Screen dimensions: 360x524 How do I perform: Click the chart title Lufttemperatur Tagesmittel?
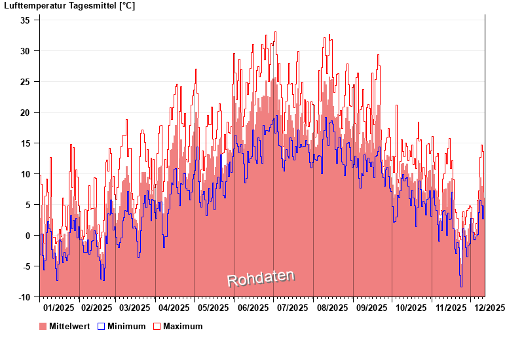point(69,6)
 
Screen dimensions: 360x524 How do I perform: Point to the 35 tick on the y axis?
point(25,20)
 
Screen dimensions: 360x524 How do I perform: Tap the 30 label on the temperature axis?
point(25,50)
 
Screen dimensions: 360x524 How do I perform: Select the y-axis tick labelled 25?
point(25,81)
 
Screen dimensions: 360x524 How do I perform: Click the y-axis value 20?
point(25,112)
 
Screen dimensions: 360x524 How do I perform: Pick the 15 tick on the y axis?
point(25,143)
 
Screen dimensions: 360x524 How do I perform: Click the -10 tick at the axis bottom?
point(24,297)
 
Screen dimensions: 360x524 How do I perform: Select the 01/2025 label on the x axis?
point(59,308)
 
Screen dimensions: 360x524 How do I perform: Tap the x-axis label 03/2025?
point(136,308)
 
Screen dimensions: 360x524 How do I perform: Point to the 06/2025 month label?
point(253,308)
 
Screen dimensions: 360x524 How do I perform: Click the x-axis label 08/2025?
point(333,308)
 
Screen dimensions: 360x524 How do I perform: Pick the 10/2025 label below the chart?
point(411,308)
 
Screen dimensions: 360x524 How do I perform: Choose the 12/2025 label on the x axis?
point(489,308)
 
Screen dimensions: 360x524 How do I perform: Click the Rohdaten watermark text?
point(261,278)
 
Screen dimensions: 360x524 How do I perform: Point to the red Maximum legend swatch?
point(157,326)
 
